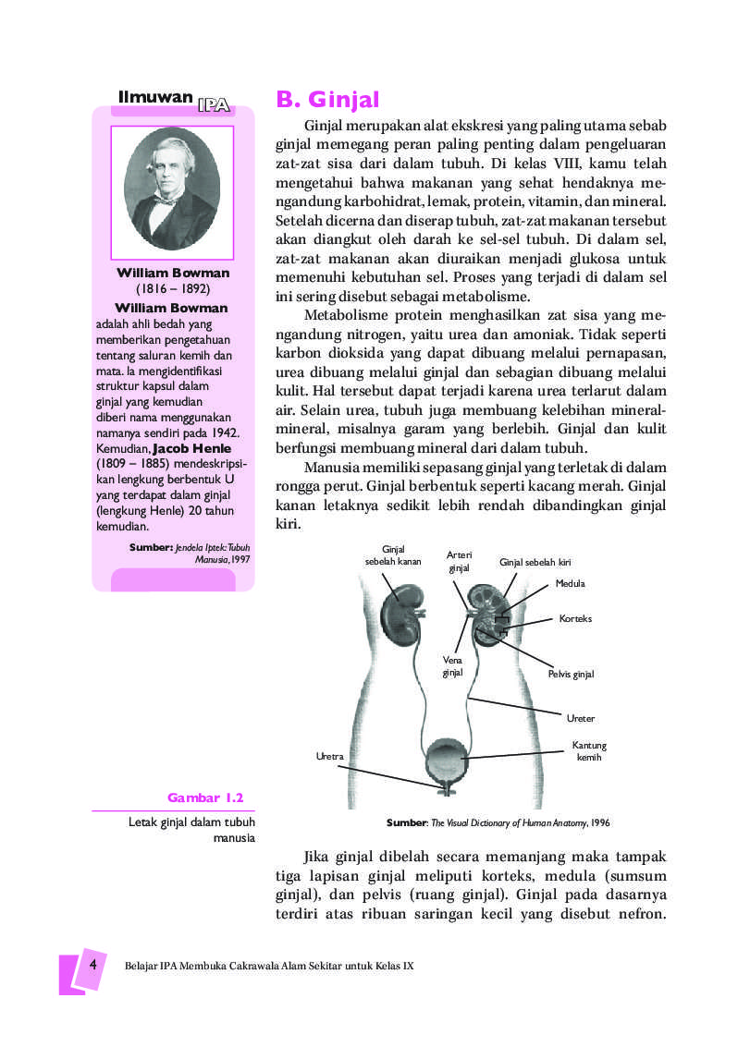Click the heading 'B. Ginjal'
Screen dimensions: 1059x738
coord(328,100)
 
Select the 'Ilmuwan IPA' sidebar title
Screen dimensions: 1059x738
coord(174,99)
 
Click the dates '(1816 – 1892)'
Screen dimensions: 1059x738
coord(173,288)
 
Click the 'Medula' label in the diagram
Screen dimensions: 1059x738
coord(570,583)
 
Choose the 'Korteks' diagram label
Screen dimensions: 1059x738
coord(575,618)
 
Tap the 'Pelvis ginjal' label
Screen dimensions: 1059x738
coord(571,675)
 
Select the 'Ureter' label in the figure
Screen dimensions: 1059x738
coord(580,718)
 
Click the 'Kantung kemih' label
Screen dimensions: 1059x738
coord(588,751)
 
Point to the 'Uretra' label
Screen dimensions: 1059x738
coord(329,756)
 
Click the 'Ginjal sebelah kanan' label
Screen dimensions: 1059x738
coord(393,555)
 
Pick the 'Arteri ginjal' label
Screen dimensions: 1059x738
coord(460,561)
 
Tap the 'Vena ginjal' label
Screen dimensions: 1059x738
coord(452,667)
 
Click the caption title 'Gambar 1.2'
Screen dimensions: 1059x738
coord(205,797)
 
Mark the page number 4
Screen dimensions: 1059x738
coord(92,964)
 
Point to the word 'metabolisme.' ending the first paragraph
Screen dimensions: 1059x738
coord(481,297)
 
